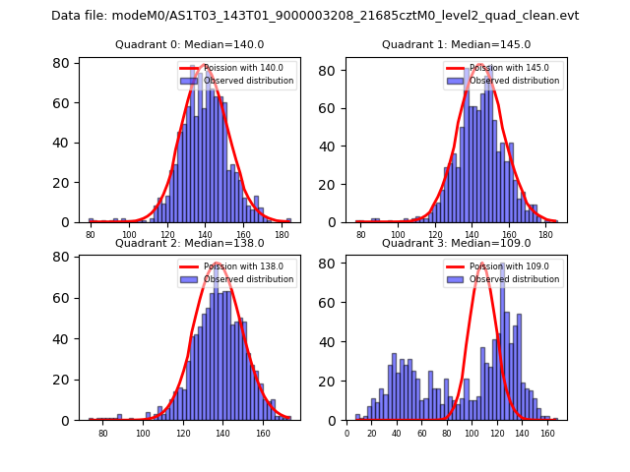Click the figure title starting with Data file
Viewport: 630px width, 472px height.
315,16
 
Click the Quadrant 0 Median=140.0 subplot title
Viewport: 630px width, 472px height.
190,44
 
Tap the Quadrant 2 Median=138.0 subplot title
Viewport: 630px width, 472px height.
190,243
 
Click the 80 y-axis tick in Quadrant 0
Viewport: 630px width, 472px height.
61,63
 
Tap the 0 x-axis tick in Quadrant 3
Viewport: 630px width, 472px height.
346,434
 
